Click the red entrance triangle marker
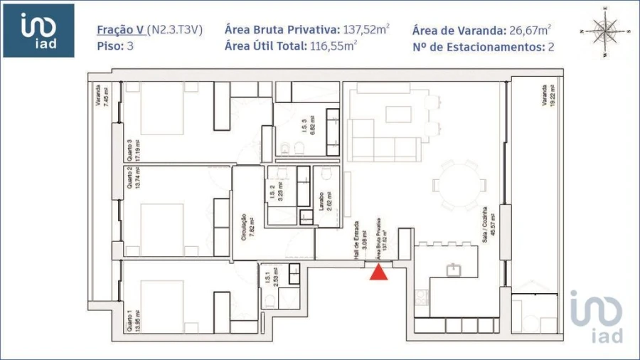[x=379, y=272]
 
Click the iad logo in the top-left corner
[x=38, y=31]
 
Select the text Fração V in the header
[x=120, y=30]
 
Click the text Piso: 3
[x=115, y=46]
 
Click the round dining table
[x=460, y=184]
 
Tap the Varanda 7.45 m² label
[x=102, y=95]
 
